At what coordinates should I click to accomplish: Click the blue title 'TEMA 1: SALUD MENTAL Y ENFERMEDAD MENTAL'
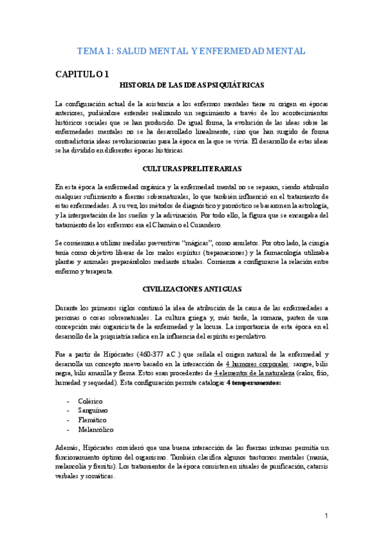coord(191,50)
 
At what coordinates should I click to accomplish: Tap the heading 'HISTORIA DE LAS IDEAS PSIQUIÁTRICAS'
coord(192,86)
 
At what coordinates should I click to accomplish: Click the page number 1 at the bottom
coord(325,516)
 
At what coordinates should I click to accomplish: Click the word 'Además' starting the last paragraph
coord(68,447)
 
